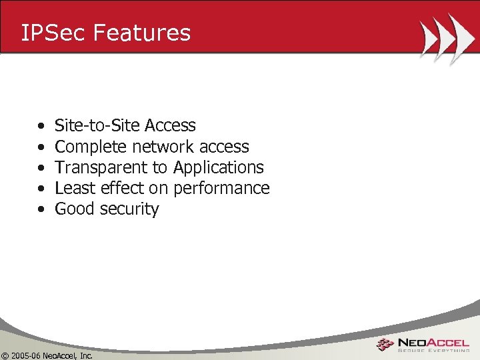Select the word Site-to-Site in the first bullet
click(97, 125)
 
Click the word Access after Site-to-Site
click(170, 125)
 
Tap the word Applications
click(219, 168)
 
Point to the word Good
click(74, 209)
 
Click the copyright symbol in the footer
click(5, 355)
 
